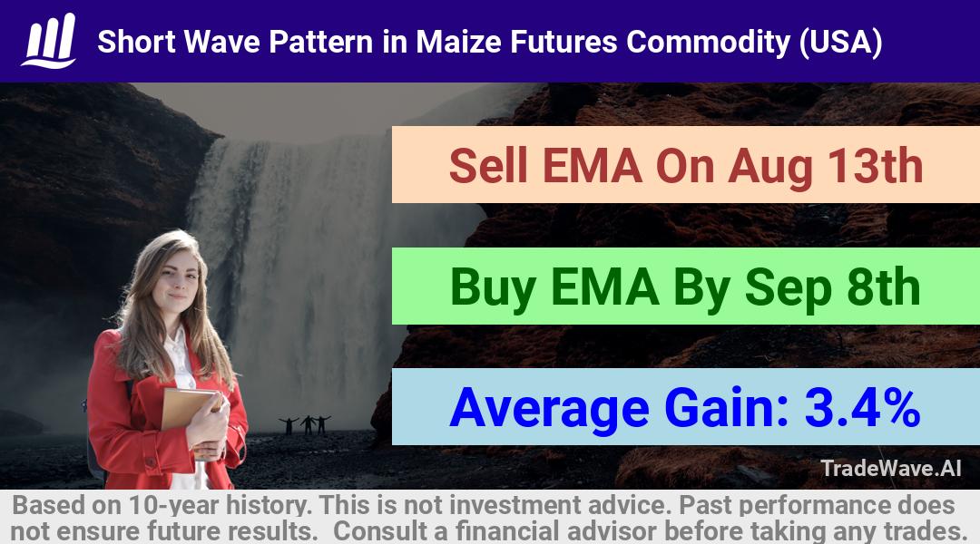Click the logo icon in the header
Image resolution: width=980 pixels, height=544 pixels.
click(x=49, y=41)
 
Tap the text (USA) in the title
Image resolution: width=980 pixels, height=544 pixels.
click(x=840, y=43)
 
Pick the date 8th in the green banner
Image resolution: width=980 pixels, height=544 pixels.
click(x=884, y=287)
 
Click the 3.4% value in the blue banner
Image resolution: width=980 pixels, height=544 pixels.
click(x=863, y=408)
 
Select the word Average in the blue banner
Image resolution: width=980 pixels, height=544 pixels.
click(x=549, y=409)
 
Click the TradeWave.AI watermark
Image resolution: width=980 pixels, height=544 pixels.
click(x=891, y=468)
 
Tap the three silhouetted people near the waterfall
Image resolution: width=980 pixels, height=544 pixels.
click(x=306, y=424)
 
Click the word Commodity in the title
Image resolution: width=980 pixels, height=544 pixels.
click(x=708, y=43)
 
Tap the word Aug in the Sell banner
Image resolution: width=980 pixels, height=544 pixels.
click(x=769, y=168)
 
